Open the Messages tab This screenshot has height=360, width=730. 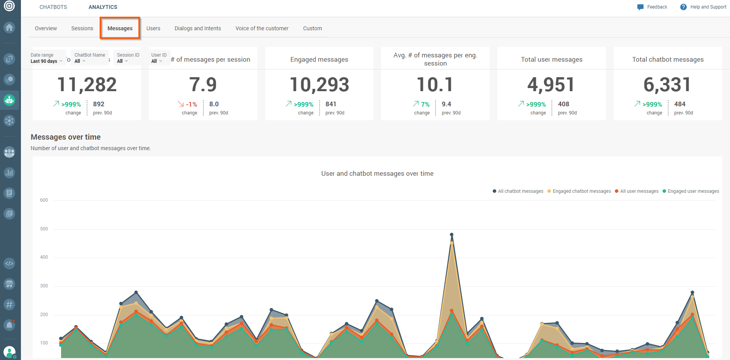tap(120, 28)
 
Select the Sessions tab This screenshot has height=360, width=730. tap(82, 28)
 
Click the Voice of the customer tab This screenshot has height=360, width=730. tap(262, 28)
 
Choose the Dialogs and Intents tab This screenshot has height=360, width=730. tap(198, 28)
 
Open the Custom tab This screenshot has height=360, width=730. tap(312, 28)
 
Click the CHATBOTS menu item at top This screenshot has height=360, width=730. tap(53, 7)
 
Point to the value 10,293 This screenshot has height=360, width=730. tap(319, 85)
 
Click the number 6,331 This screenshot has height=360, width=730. tap(667, 85)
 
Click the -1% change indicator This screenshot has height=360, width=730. tap(192, 104)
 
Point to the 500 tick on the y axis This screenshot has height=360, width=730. tap(44, 229)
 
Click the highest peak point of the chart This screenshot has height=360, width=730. tap(452, 235)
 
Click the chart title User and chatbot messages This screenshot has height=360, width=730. tap(377, 173)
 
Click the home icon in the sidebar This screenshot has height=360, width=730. tap(9, 28)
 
